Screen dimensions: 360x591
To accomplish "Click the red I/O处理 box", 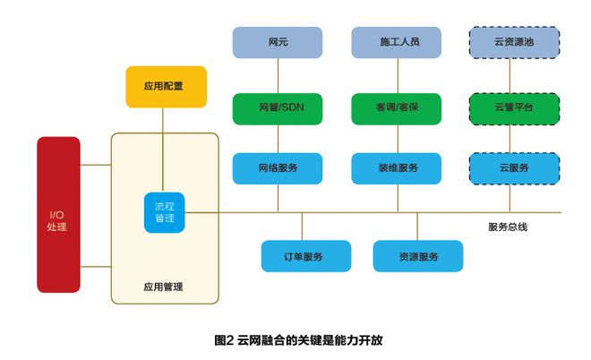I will [x=57, y=215].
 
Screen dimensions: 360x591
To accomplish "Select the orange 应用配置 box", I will [x=164, y=87].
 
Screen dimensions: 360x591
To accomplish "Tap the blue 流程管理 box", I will [x=164, y=212].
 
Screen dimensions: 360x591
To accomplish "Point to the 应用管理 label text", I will [x=163, y=287].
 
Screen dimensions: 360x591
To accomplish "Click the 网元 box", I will [x=278, y=42].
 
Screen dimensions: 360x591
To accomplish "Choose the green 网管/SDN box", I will [x=278, y=108].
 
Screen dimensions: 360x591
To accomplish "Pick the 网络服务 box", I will [x=278, y=167].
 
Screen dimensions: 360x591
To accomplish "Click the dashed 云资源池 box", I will [x=514, y=42].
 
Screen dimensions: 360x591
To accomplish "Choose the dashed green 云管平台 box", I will [x=514, y=108].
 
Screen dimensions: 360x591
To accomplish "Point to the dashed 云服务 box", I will [x=514, y=167].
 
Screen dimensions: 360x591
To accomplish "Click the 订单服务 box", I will [x=303, y=257].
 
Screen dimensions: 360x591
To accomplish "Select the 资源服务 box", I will [x=418, y=257].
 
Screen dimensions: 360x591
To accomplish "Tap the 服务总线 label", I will [x=508, y=227].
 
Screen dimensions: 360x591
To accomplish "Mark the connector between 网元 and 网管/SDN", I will [x=278, y=75].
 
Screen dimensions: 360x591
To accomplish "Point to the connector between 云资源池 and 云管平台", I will [x=514, y=75].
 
